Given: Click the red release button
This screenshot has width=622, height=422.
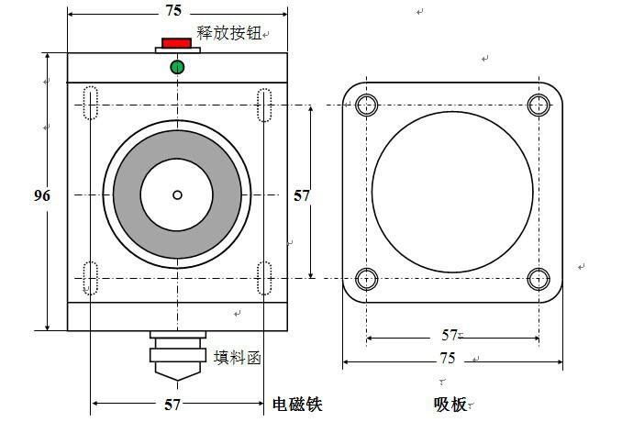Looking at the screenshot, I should click(x=176, y=43).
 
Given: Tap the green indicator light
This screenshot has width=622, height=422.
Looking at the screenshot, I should click(x=177, y=66).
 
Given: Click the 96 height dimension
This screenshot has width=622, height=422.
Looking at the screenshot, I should click(x=41, y=195).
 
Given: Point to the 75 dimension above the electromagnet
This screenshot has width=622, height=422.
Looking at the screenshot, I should click(x=172, y=11).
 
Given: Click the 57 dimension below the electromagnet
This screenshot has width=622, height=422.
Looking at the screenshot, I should click(x=172, y=404).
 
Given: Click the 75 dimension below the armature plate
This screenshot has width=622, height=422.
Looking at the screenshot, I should click(x=447, y=359).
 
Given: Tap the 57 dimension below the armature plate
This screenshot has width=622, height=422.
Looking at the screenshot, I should click(x=450, y=336).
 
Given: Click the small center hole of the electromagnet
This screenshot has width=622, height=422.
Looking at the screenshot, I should click(x=177, y=194).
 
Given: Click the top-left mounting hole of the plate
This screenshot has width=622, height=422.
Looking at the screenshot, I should click(x=367, y=104).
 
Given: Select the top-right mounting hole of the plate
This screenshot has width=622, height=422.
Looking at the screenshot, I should click(x=539, y=104).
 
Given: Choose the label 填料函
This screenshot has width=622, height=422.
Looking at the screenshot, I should click(x=238, y=358).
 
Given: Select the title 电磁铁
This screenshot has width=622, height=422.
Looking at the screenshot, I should click(x=297, y=404).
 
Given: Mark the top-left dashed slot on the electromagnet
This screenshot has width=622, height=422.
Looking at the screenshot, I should click(x=91, y=103).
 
